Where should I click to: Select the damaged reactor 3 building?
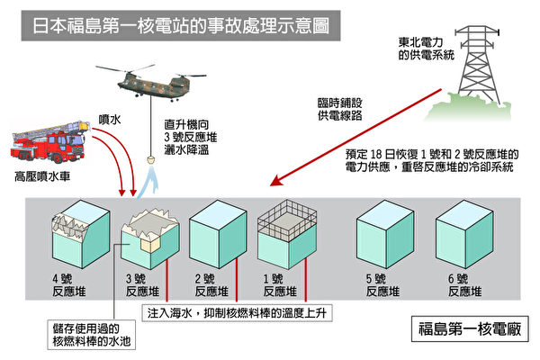click(148, 232)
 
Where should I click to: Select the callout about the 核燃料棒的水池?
click(94, 332)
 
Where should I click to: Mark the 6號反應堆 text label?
click(461, 285)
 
